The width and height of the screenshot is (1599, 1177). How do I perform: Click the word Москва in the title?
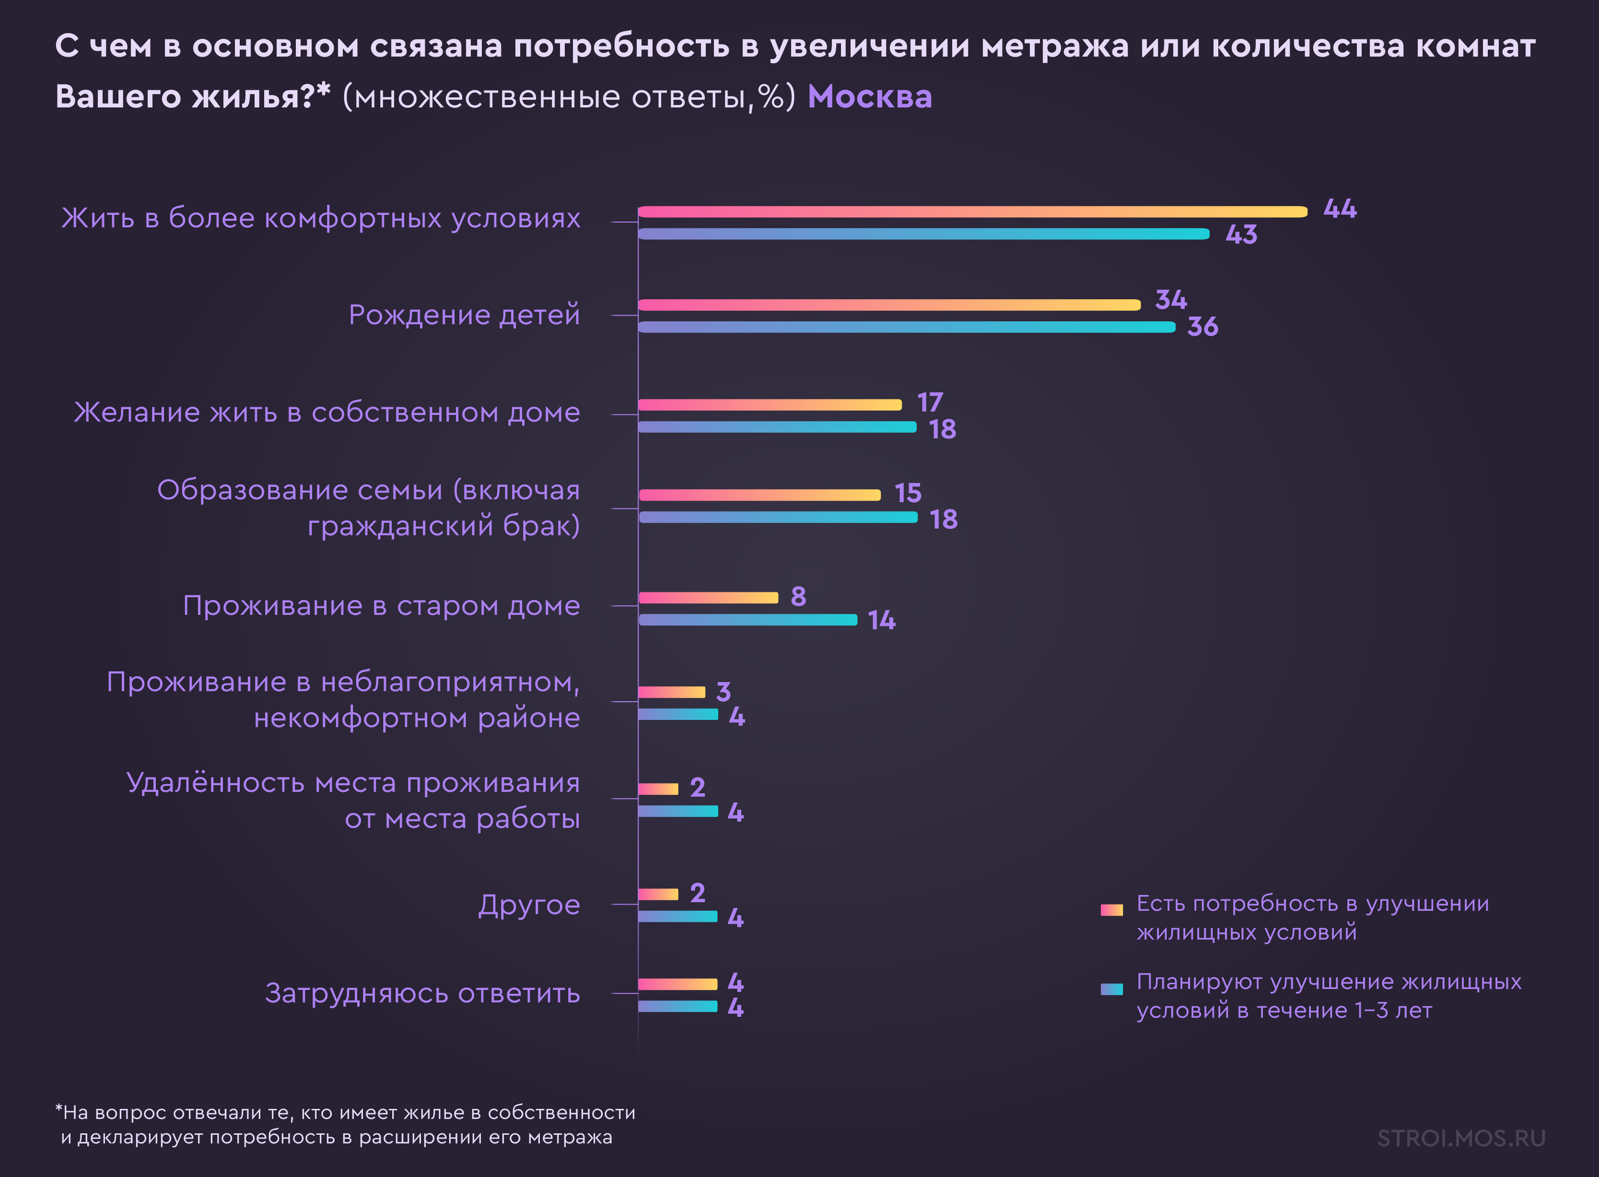tap(870, 97)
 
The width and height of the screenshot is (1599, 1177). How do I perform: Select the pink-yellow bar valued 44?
tap(972, 212)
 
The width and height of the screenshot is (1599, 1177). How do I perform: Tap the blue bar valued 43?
tap(923, 234)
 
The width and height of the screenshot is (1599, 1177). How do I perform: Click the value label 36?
tap(1202, 327)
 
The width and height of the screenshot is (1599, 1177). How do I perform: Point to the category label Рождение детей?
tap(464, 315)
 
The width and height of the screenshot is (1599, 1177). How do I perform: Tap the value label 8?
tap(798, 596)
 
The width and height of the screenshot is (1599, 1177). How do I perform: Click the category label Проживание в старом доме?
tap(381, 606)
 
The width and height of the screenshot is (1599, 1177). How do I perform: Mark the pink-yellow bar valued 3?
tap(671, 692)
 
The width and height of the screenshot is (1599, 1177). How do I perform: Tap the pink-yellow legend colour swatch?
tap(1111, 910)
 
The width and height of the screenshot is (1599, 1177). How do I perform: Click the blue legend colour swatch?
tap(1111, 989)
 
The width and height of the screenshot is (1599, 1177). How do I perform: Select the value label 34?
tap(1170, 300)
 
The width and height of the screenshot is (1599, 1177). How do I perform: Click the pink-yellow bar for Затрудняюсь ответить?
tap(677, 984)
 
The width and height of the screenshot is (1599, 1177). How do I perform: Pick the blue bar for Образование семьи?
tap(778, 517)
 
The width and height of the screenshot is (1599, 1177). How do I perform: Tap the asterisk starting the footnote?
tap(59, 1108)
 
